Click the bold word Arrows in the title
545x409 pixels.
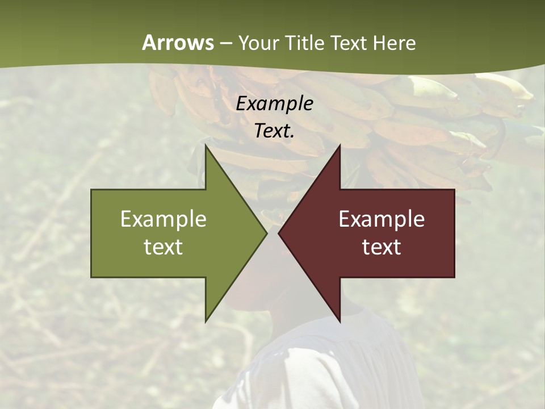pyautogui.click(x=178, y=43)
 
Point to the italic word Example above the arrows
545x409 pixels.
pyautogui.click(x=274, y=103)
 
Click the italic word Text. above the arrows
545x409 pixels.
pyautogui.click(x=274, y=131)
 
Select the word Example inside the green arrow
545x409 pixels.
pyautogui.click(x=163, y=219)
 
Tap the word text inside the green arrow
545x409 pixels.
pyautogui.click(x=163, y=247)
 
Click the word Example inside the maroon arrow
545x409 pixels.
pyautogui.click(x=381, y=219)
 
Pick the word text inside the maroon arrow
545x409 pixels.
pyautogui.click(x=381, y=247)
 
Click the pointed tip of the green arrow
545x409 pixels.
pyautogui.click(x=266, y=233)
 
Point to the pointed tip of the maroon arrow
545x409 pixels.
pyautogui.click(x=279, y=233)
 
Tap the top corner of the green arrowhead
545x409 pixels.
pyautogui.click(x=206, y=145)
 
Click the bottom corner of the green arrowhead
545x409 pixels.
pyautogui.click(x=206, y=321)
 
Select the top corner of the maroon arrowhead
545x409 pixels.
pyautogui.click(x=339, y=145)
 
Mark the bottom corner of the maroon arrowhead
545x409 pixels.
pyautogui.click(x=339, y=321)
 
